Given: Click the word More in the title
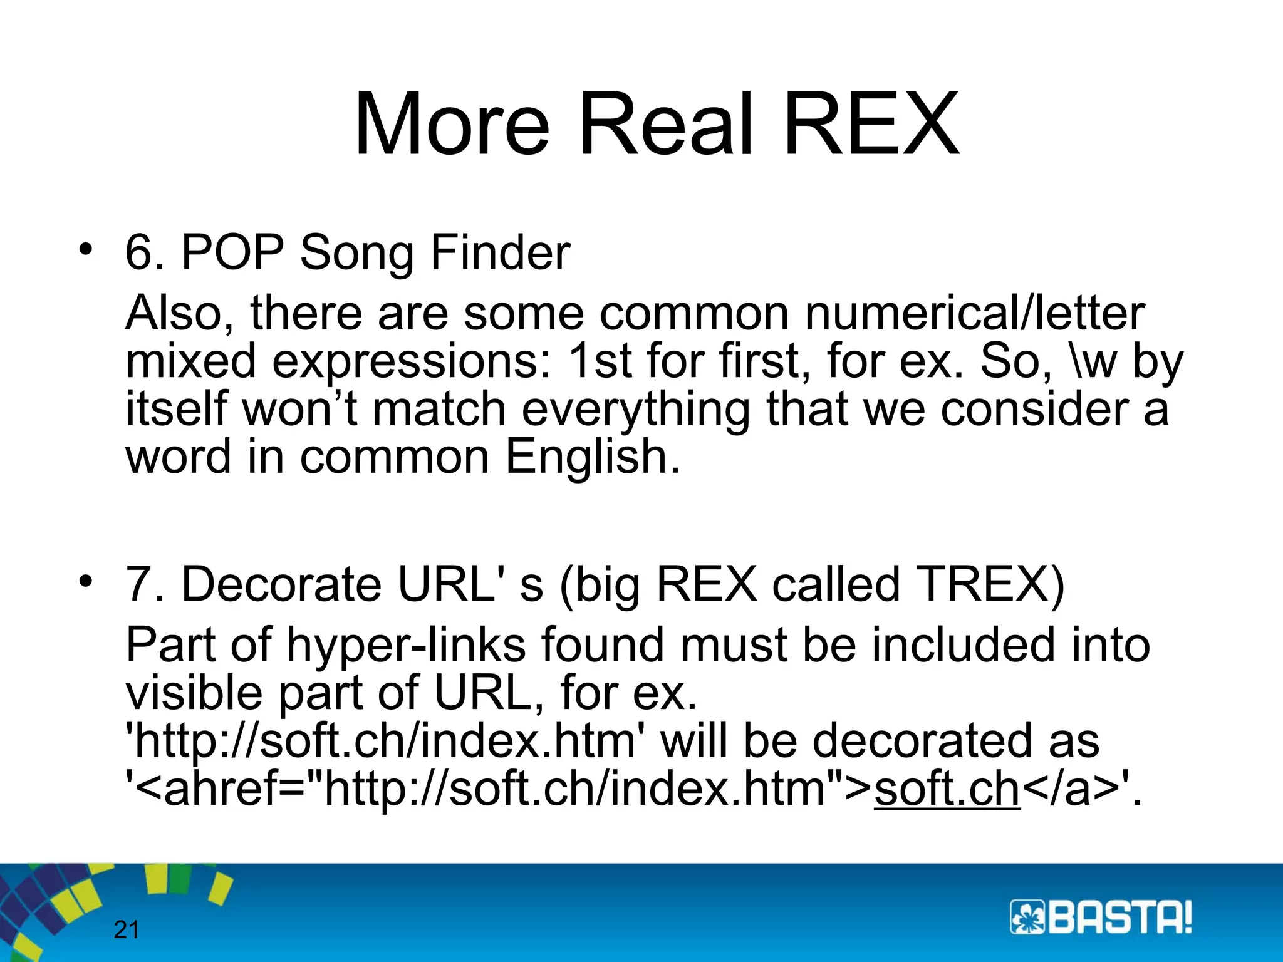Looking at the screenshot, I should coord(452,123).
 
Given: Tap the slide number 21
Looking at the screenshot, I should coord(126,930).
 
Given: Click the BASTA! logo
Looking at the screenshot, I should coord(1101,918).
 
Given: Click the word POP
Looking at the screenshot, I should coord(232,252).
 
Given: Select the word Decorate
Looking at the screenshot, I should coord(281,584).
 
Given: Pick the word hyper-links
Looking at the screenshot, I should coord(406,645).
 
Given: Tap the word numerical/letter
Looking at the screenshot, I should coord(975,313).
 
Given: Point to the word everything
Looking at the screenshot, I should coord(635,410).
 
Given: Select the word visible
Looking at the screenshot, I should coord(194,693).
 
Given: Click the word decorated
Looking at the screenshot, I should coord(955,740).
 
